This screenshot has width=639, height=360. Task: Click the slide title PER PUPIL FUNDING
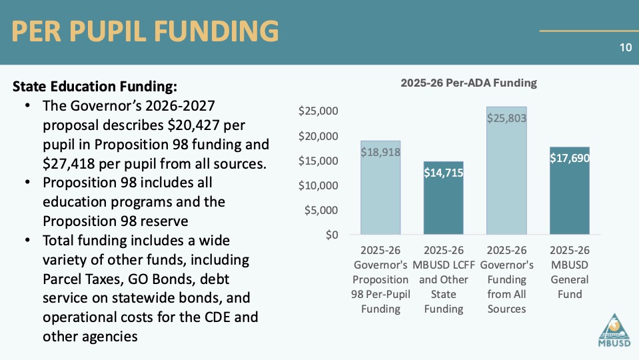[145, 32]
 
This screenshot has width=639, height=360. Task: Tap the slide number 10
[624, 47]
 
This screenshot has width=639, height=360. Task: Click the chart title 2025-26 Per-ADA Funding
[468, 83]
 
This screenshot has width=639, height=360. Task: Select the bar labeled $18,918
[380, 193]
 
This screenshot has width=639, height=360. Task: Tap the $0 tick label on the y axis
[331, 235]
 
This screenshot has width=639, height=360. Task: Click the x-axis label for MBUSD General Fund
[570, 272]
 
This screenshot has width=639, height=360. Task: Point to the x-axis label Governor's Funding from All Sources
[506, 279]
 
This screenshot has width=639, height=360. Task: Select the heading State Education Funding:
[95, 87]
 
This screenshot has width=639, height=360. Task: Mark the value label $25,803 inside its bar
[506, 119]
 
